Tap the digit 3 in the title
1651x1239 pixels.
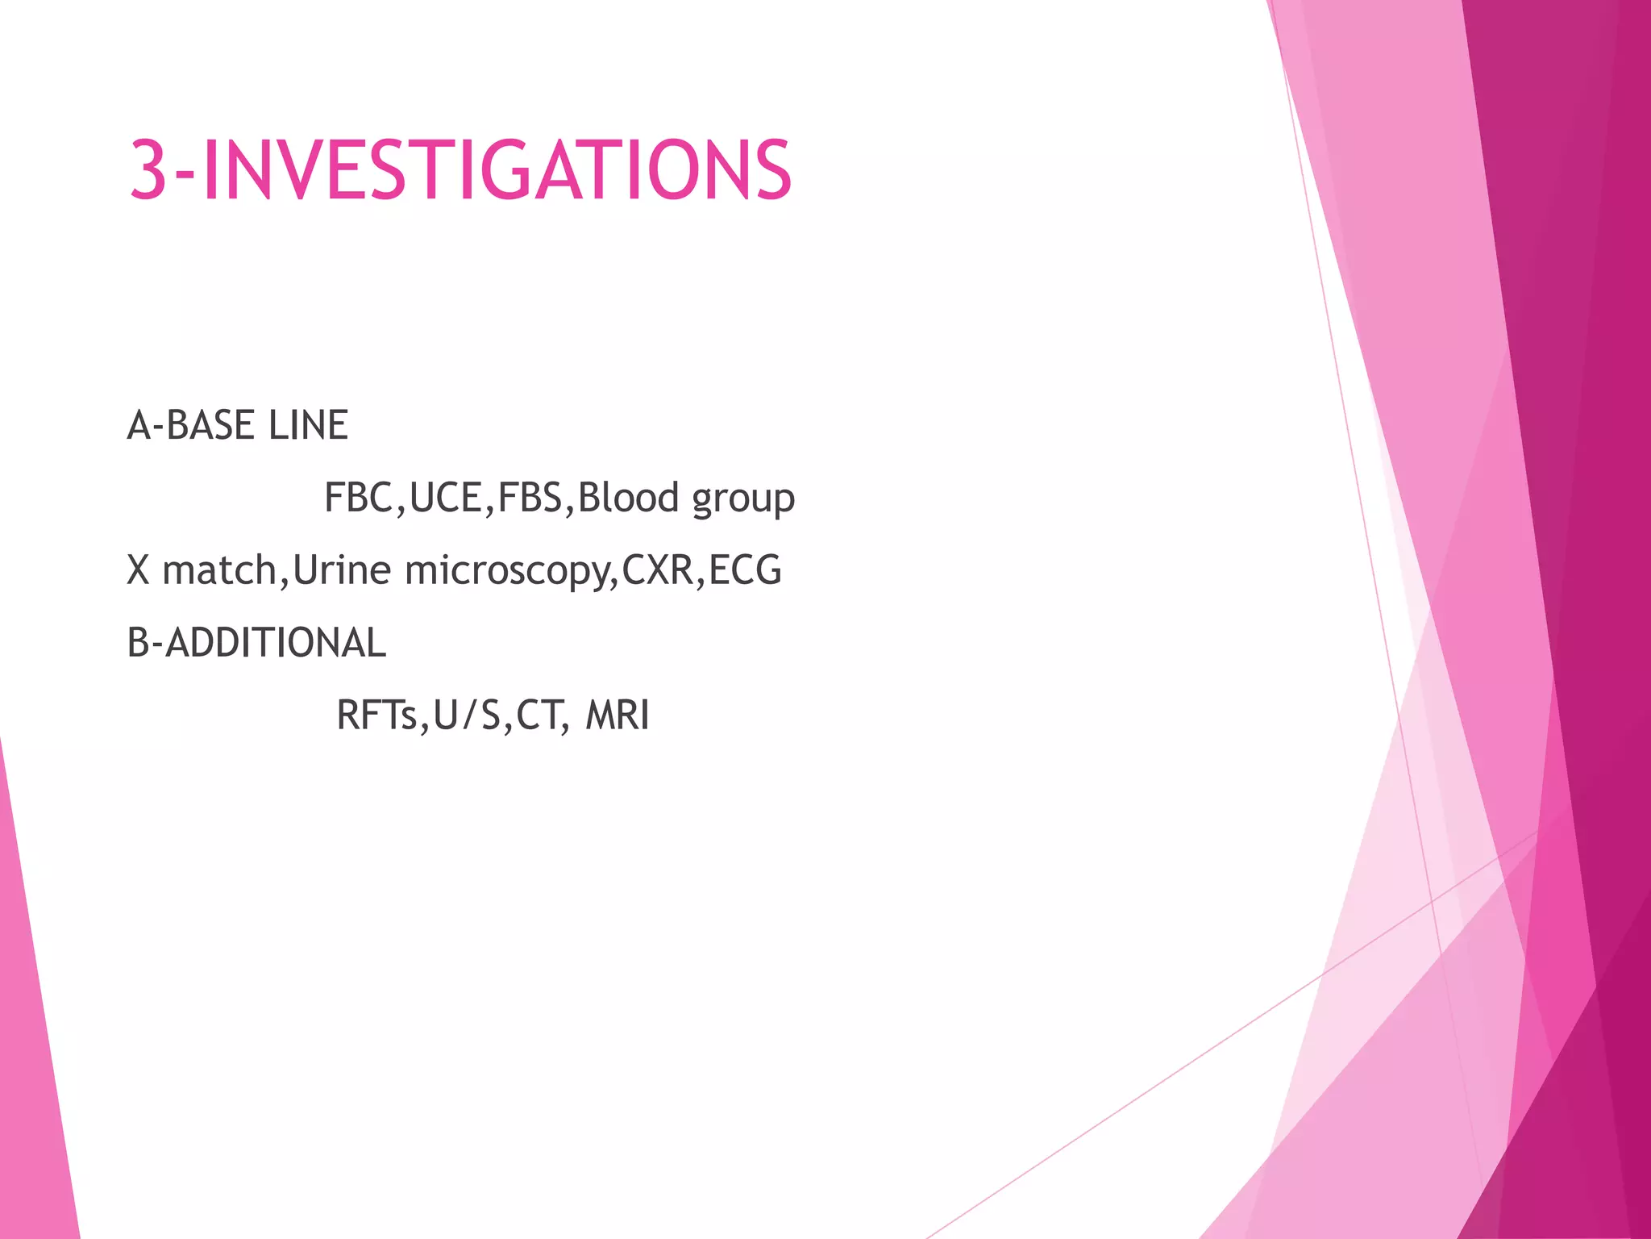click(148, 170)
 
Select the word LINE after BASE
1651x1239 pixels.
click(308, 425)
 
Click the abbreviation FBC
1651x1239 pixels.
click(358, 498)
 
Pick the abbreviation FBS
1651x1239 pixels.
click(530, 498)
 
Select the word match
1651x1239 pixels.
click(220, 570)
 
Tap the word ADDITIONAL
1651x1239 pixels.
click(276, 643)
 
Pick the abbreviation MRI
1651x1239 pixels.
click(618, 715)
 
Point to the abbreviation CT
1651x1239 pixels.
click(539, 715)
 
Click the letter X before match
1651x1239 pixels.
click(139, 570)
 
